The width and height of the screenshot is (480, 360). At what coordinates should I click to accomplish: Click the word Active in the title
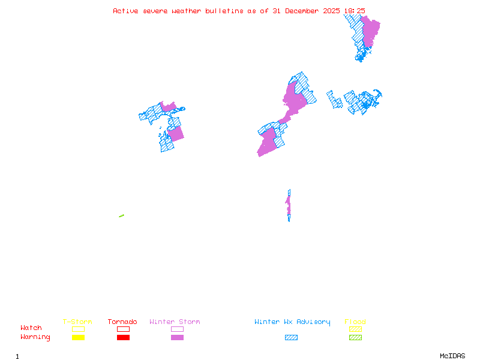pyautogui.click(x=125, y=11)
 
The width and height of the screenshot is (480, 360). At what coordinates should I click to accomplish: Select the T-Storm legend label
pyautogui.click(x=77, y=322)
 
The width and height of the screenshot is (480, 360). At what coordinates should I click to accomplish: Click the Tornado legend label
pyautogui.click(x=122, y=322)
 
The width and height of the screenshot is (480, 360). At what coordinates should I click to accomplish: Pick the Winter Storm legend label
pyautogui.click(x=175, y=322)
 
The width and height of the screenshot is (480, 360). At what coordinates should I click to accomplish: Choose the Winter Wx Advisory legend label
pyautogui.click(x=292, y=322)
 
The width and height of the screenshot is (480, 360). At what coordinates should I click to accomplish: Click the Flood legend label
pyautogui.click(x=355, y=322)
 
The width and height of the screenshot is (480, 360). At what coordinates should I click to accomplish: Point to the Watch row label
pyautogui.click(x=31, y=328)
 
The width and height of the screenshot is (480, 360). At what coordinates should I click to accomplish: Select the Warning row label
pyautogui.click(x=35, y=337)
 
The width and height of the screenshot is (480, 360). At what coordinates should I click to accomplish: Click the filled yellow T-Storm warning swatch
pyautogui.click(x=78, y=337)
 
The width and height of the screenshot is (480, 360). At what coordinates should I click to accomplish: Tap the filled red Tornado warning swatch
pyautogui.click(x=123, y=337)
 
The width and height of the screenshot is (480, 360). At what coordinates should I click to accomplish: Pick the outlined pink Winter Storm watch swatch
pyautogui.click(x=177, y=329)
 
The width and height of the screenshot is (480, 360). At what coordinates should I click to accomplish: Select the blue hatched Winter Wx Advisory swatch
pyautogui.click(x=291, y=337)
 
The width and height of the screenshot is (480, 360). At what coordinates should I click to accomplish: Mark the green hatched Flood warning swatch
pyautogui.click(x=355, y=337)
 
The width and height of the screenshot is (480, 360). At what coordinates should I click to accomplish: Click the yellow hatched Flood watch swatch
pyautogui.click(x=355, y=329)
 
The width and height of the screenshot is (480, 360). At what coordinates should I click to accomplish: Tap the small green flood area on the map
pyautogui.click(x=121, y=216)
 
